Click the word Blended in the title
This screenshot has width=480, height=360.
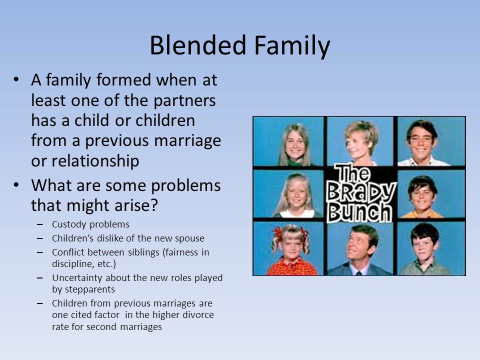198,45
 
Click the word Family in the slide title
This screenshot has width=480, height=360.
292,46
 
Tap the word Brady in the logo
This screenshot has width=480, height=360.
361,192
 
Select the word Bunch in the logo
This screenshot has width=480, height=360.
359,212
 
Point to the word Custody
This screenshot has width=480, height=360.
69,224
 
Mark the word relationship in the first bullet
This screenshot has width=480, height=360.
95,161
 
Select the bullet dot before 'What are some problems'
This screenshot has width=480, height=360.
16,185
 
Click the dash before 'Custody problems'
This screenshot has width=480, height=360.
40,224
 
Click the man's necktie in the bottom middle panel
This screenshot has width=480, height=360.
359,272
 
